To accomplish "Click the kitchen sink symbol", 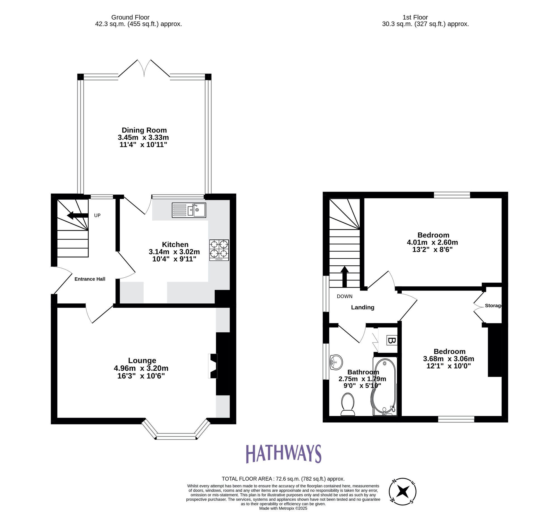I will point(189,210).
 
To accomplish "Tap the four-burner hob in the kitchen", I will point(219,250).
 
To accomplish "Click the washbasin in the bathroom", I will point(336,362).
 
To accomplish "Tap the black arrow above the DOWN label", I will point(344,276).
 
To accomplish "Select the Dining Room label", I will point(144,130).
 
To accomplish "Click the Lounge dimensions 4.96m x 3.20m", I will point(141,368).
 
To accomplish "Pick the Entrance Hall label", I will point(90,279).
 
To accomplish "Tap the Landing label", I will point(363,308).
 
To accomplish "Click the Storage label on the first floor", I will point(493,306).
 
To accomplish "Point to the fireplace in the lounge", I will point(213,366).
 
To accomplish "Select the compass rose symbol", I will point(402,491).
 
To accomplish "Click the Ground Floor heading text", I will point(130,17).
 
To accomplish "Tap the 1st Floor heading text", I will point(415,17).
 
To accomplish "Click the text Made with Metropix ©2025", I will point(283,508).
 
